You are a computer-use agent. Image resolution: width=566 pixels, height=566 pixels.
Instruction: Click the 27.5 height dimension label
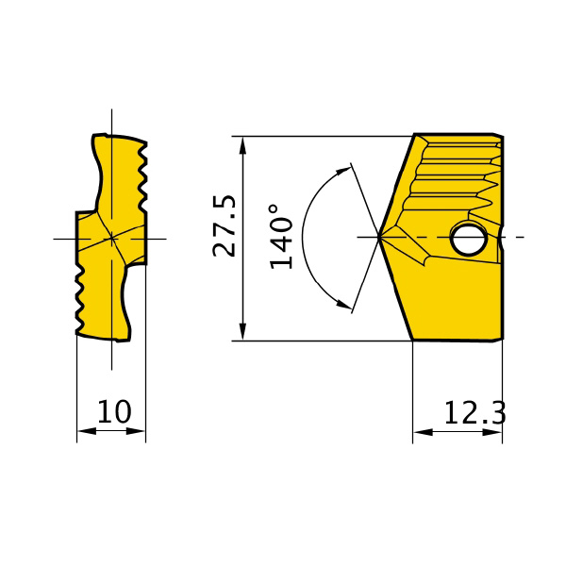pyautogui.click(x=225, y=226)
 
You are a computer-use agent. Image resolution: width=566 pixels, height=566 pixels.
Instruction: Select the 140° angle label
pyautogui.click(x=281, y=237)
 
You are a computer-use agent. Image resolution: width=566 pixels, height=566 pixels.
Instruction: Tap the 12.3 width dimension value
pyautogui.click(x=474, y=412)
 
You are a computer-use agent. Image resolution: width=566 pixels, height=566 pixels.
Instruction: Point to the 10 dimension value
pyautogui.click(x=114, y=411)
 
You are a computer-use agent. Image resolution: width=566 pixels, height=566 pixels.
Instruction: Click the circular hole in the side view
pyautogui.click(x=468, y=239)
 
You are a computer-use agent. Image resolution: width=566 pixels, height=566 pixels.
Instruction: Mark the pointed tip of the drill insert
pyautogui.click(x=378, y=237)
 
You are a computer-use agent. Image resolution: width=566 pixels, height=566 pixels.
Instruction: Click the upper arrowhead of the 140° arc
pyautogui.click(x=343, y=171)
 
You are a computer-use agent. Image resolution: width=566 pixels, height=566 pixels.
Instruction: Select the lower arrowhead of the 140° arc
pyautogui.click(x=344, y=304)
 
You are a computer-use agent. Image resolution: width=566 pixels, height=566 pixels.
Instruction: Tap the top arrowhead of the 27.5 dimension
pyautogui.click(x=243, y=145)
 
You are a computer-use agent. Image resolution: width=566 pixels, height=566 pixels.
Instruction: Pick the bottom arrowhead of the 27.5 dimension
pyautogui.click(x=243, y=331)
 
